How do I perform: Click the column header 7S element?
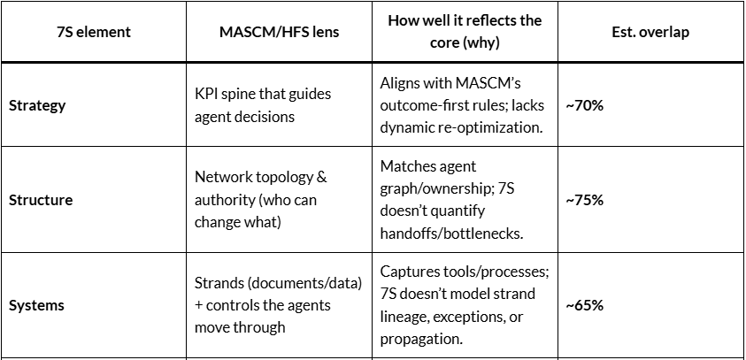(93, 32)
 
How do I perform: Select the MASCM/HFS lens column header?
(279, 32)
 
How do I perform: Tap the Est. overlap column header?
(650, 32)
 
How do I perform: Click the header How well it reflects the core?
(465, 31)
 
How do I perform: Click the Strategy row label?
(37, 105)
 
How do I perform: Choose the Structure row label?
(41, 200)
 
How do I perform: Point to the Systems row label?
(36, 305)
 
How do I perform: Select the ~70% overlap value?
(584, 105)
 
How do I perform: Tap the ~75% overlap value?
(584, 200)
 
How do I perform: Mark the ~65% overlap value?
(584, 305)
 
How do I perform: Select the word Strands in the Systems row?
(218, 283)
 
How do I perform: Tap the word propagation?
(419, 339)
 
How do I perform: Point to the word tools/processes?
(488, 272)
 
